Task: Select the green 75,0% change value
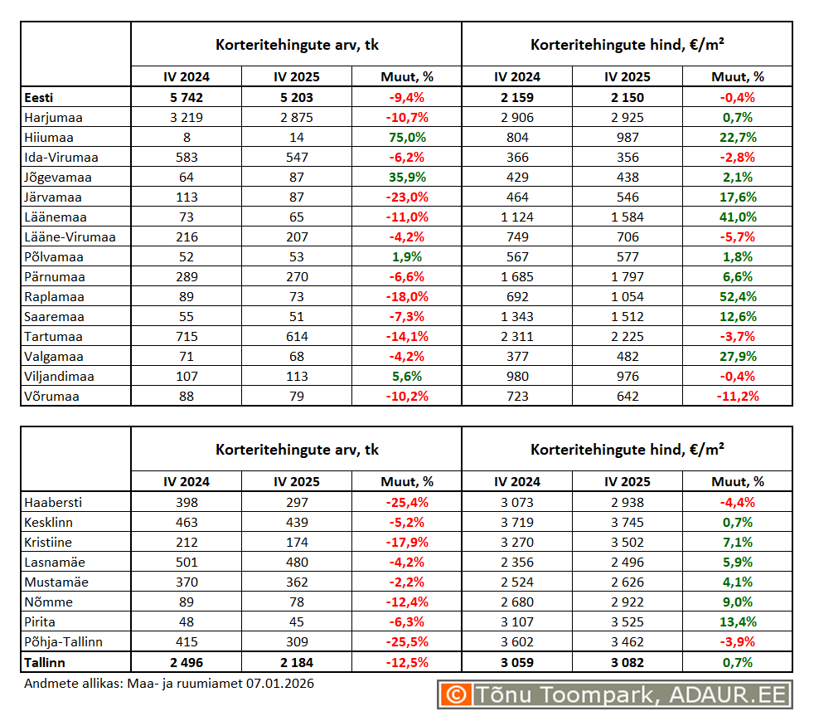click(406, 138)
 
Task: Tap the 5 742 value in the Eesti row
click(186, 98)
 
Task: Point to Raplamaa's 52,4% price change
click(737, 297)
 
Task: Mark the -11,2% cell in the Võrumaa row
click(737, 397)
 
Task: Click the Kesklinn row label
click(49, 523)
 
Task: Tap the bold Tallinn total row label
click(45, 663)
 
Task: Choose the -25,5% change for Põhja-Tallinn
click(406, 642)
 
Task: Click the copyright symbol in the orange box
click(455, 694)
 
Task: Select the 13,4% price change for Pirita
click(737, 622)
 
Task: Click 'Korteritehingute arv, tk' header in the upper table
click(297, 45)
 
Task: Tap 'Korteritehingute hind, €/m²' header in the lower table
click(627, 450)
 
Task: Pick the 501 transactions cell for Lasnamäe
click(186, 563)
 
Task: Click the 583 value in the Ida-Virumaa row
click(186, 158)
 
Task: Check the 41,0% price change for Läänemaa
click(737, 217)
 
